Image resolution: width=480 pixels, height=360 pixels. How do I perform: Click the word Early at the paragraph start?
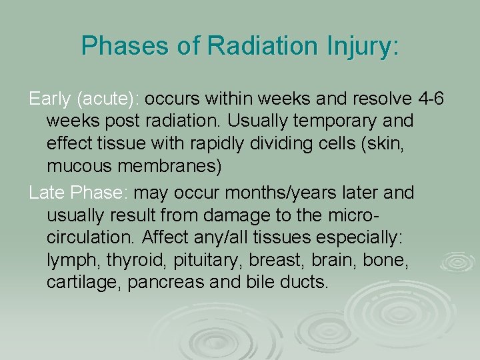tap(51, 99)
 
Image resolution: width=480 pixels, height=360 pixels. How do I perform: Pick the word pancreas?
tap(167, 281)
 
